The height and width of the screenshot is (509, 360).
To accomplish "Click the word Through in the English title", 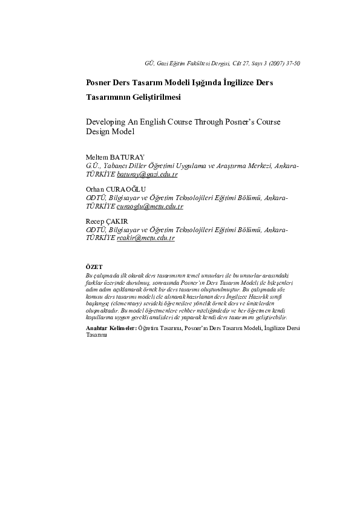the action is (x=211, y=121).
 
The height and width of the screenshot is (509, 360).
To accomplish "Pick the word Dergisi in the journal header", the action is (x=214, y=63).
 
